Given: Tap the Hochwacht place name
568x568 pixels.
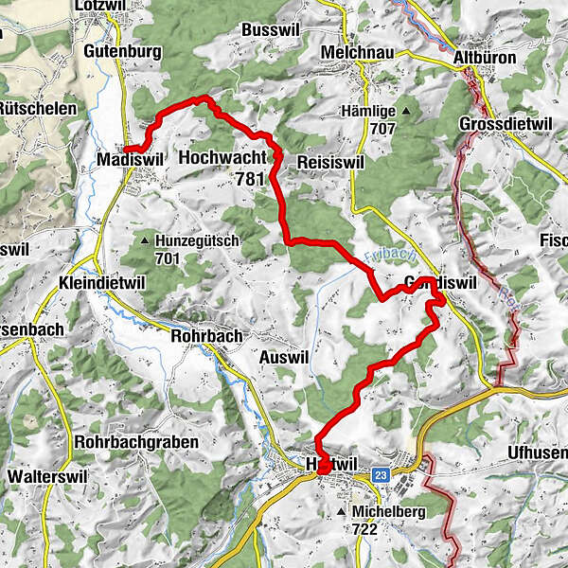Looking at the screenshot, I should click(221, 159).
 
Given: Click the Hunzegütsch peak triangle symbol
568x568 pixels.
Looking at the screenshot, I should click(145, 241).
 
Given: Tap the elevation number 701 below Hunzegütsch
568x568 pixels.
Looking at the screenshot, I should click(168, 257).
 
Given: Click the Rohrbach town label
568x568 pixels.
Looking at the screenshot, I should click(206, 335).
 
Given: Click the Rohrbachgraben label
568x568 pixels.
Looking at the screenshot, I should click(138, 442).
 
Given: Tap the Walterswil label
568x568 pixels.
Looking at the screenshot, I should click(49, 476).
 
